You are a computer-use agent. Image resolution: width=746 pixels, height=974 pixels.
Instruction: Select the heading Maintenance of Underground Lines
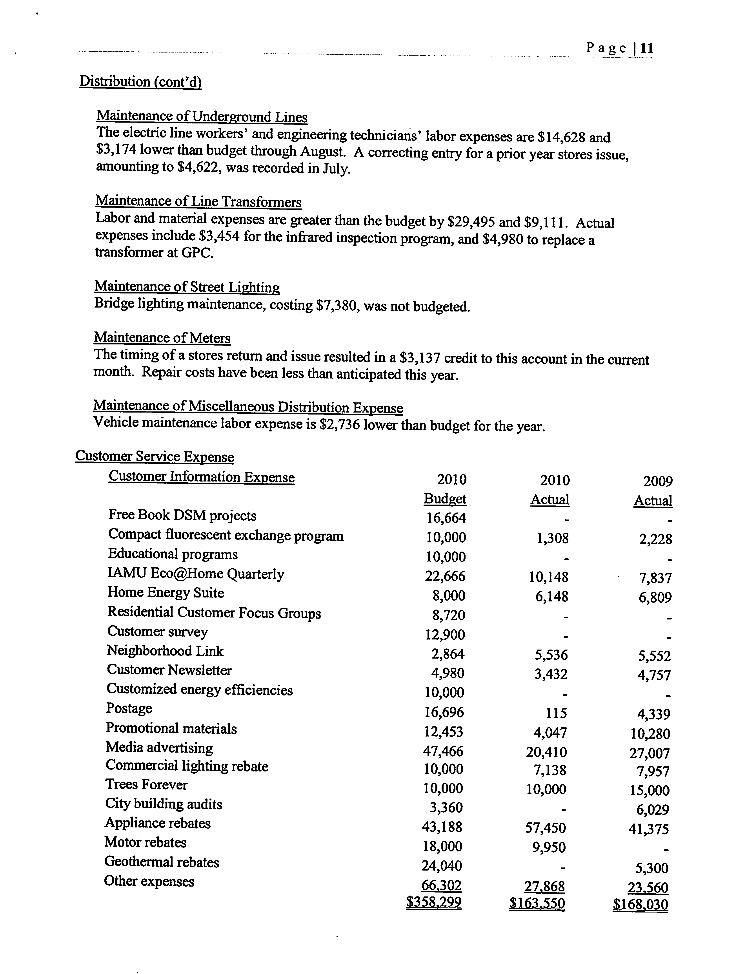[x=202, y=117]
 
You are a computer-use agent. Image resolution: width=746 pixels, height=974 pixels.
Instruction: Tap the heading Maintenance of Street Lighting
[x=187, y=287]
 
